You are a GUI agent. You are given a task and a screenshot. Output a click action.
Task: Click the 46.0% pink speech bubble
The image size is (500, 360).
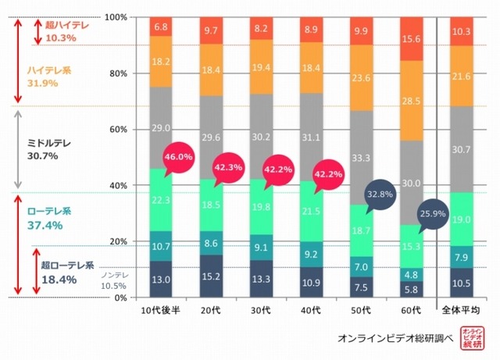tap(178, 159)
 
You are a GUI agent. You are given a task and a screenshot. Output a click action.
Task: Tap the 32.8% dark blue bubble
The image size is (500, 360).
tap(379, 191)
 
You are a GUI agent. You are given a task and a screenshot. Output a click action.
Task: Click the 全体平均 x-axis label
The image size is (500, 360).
tap(463, 312)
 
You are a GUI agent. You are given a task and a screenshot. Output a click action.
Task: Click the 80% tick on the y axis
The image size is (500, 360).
tap(120, 73)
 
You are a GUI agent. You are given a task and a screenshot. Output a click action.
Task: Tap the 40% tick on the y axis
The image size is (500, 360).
tap(120, 186)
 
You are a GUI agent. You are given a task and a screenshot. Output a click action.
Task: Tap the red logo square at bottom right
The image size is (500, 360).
tap(471, 337)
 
